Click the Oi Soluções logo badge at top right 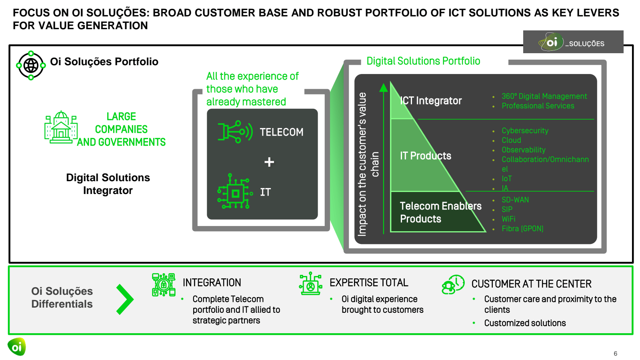coord(573,42)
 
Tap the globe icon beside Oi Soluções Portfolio coord(31,65)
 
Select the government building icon coord(61,127)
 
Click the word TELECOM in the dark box coord(281,132)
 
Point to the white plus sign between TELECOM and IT coord(269,162)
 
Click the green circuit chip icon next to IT coord(235,192)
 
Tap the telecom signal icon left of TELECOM coord(235,132)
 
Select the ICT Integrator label coord(431,101)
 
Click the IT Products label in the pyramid coord(426,156)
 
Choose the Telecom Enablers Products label coord(440,212)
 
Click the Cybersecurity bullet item coord(525,131)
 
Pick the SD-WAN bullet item coord(515,200)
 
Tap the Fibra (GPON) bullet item coord(522,228)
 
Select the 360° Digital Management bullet coord(544,96)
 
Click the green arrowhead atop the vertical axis coord(384,87)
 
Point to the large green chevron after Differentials coord(125,299)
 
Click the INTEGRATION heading coord(212,283)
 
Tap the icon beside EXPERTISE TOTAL coord(310,284)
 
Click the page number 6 coord(615,354)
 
